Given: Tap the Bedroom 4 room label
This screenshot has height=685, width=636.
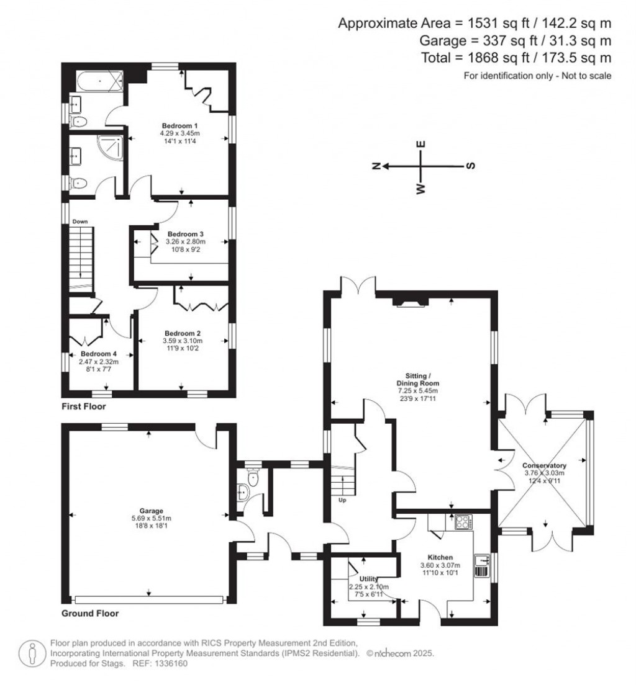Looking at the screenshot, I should (94, 354).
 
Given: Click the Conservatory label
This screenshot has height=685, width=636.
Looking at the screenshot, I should (544, 465).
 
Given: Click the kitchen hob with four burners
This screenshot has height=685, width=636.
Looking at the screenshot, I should (463, 522).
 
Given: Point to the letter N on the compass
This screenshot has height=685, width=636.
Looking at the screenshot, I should (376, 166).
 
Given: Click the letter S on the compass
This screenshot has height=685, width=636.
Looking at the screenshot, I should (470, 166).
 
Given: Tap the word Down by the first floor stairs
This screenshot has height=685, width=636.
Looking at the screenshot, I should (79, 222).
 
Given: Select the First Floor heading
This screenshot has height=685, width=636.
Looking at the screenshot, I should (83, 407).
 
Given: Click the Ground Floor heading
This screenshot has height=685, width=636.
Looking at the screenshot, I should (90, 614).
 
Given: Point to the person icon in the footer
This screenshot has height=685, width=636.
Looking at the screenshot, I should (30, 653).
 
